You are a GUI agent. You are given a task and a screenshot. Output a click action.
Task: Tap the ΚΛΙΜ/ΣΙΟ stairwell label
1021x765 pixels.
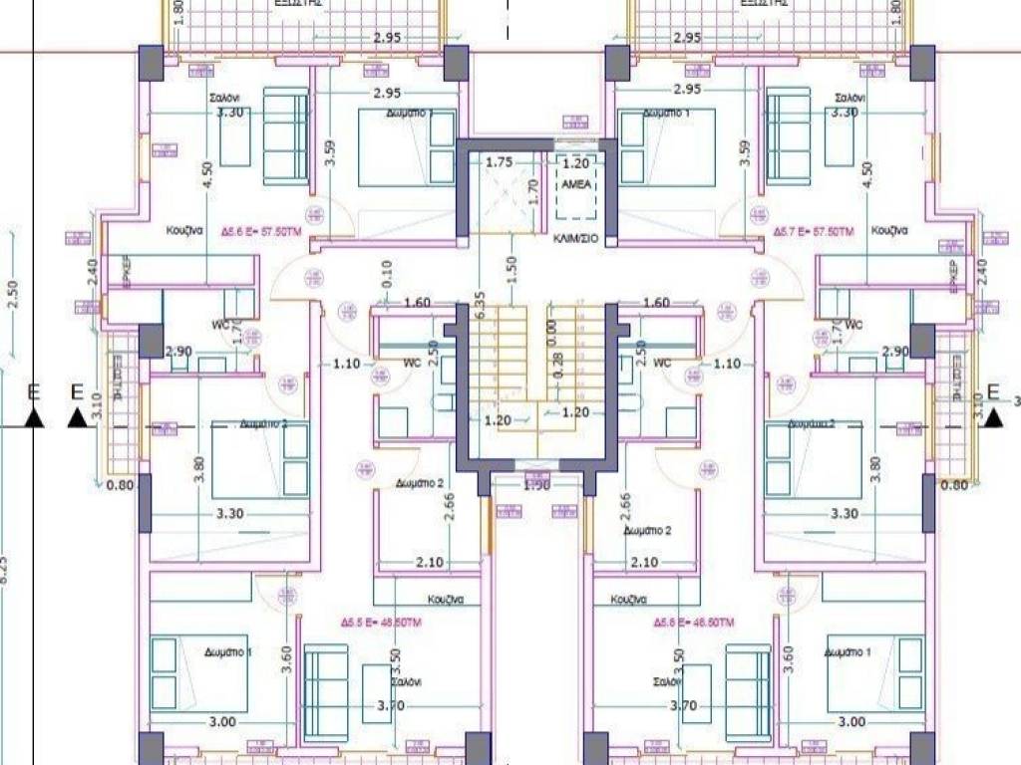(574, 240)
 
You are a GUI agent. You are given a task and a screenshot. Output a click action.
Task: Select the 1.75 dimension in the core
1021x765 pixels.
(499, 162)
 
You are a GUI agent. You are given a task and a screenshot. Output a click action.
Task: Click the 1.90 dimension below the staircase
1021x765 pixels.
(537, 485)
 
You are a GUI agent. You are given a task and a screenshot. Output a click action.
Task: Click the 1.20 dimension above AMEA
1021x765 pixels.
(576, 162)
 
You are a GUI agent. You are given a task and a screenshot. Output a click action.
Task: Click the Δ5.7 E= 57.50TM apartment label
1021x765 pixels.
(814, 230)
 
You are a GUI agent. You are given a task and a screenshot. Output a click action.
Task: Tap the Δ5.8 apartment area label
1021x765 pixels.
(695, 622)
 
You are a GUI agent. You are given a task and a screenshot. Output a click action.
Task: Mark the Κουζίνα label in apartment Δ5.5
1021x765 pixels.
(449, 600)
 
